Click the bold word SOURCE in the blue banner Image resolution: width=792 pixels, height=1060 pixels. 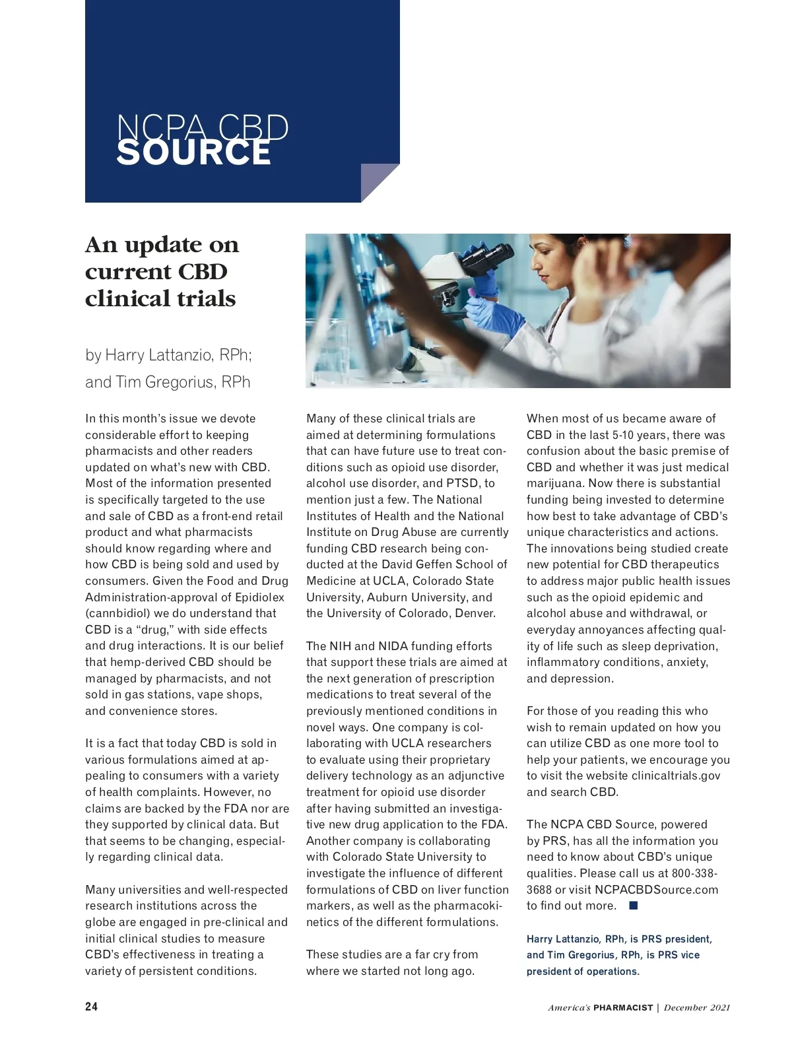pos(193,152)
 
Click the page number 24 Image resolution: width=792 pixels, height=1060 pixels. pos(91,1007)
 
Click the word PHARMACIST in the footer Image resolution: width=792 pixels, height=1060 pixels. pos(622,1007)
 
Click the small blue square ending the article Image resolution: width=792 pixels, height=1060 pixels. pos(634,906)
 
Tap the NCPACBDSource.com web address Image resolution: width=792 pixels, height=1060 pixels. pos(656,890)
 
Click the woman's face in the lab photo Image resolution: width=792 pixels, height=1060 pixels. pos(546,258)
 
